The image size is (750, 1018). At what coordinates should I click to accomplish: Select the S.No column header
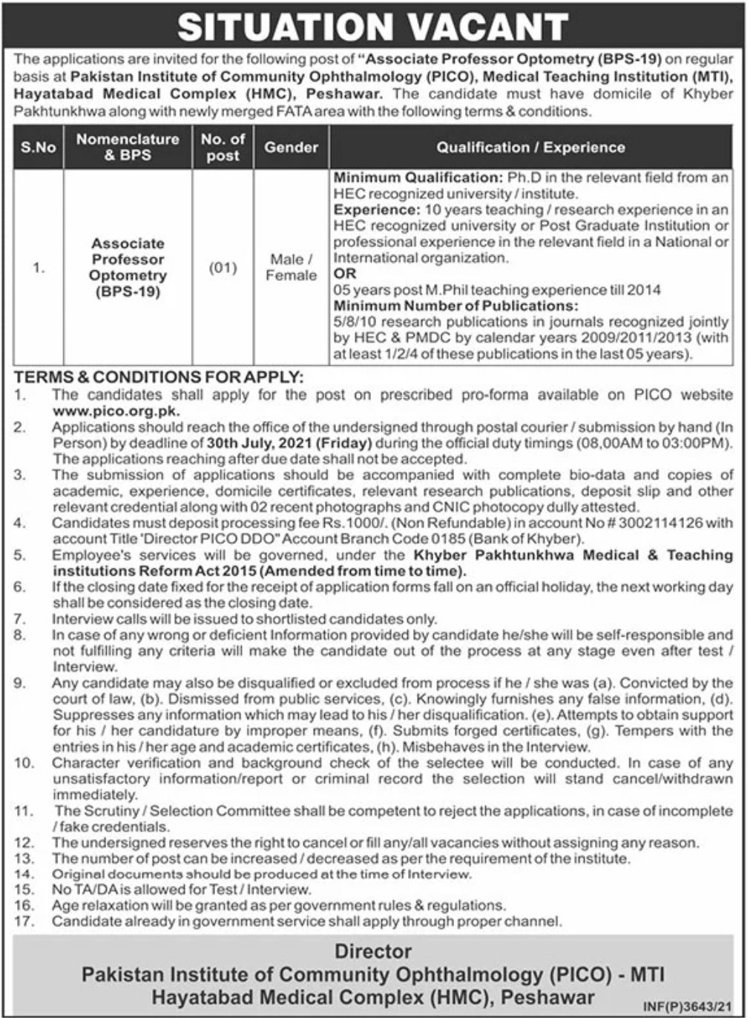tap(39, 148)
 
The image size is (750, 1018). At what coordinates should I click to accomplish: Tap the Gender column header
tap(291, 148)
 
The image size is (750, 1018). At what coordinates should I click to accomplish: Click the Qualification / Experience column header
tap(530, 148)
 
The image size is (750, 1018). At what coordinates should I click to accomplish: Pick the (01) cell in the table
tap(223, 267)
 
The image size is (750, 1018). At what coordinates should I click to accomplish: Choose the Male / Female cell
tap(291, 267)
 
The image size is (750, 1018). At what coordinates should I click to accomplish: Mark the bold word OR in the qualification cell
tap(344, 274)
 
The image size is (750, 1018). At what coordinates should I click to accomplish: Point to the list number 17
tap(24, 922)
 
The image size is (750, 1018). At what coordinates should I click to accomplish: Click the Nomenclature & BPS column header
tap(128, 148)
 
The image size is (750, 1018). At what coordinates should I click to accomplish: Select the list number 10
tap(24, 763)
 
